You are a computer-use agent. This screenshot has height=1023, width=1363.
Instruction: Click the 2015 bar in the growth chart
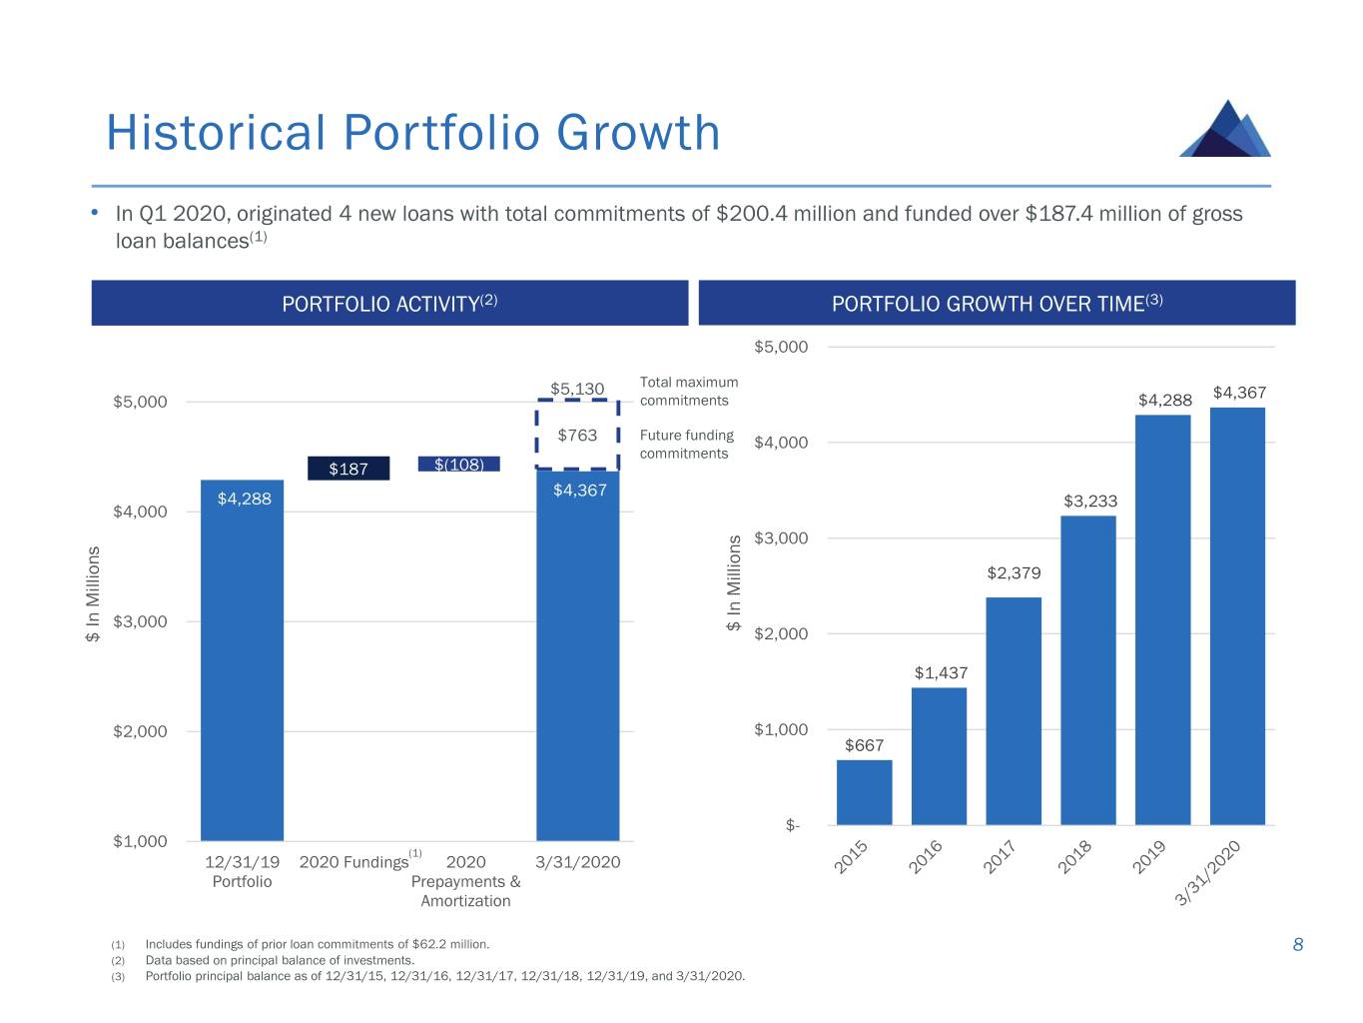[x=864, y=792]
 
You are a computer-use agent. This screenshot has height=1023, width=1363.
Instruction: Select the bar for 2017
[x=1014, y=710]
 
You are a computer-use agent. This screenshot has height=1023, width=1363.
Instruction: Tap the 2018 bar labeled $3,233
[x=1088, y=669]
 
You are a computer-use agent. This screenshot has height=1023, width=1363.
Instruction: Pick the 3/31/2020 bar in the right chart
[x=1237, y=615]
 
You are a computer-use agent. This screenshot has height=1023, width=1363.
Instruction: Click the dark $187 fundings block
[x=348, y=469]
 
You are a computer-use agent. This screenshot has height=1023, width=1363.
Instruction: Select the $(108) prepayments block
[x=458, y=464]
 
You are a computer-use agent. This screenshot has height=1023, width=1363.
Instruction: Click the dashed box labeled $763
[x=577, y=436]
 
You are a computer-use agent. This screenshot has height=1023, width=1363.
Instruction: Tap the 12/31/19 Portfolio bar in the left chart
[x=242, y=659]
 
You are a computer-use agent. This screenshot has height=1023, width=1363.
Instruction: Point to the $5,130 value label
[x=577, y=389]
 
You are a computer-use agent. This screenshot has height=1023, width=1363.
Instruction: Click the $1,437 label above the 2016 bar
[x=941, y=673]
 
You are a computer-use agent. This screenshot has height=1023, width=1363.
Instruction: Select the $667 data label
[x=864, y=745]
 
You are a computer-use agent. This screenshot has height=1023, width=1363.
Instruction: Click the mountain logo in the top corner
[x=1225, y=129]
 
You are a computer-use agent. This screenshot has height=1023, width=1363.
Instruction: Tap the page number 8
[x=1298, y=945]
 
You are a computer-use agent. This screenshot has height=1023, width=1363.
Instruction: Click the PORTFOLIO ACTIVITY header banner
[x=389, y=303]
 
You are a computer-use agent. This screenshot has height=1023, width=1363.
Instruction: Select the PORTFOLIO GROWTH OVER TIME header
[x=997, y=303]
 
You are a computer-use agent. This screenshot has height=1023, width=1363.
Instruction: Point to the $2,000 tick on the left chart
[x=140, y=731]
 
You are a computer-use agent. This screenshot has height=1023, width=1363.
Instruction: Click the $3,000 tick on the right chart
[x=781, y=538]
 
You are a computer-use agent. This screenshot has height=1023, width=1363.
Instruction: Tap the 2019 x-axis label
[x=1149, y=857]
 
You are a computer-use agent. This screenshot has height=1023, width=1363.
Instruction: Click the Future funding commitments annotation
[x=686, y=445]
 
